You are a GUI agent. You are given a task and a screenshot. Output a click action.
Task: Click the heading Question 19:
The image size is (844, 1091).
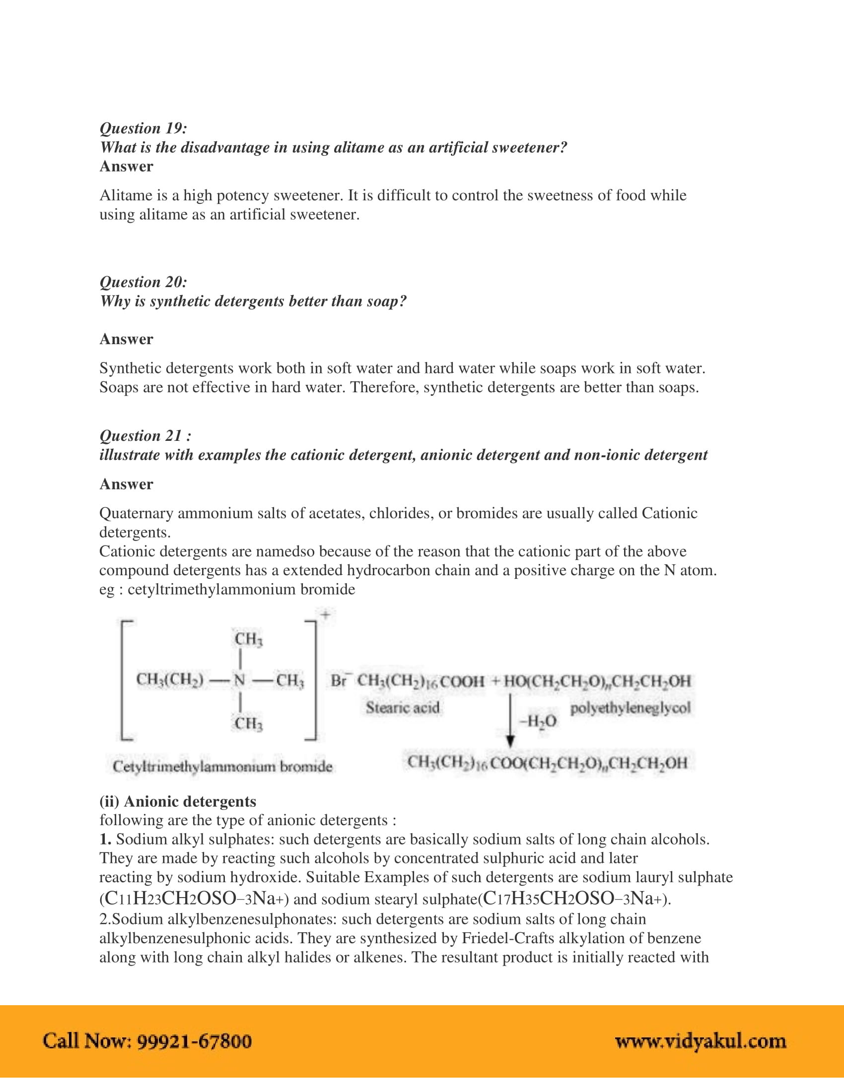(x=143, y=128)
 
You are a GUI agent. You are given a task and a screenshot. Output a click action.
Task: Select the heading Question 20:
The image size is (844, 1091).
(x=143, y=282)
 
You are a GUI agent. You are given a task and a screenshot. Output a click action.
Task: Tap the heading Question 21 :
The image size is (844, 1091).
(x=145, y=436)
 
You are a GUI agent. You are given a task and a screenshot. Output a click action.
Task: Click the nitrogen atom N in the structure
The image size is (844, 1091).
(x=240, y=680)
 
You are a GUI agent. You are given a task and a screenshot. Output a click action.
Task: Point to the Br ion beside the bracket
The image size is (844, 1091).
(x=341, y=681)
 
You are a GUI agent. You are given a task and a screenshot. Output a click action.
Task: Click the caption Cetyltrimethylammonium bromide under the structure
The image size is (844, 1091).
(x=222, y=766)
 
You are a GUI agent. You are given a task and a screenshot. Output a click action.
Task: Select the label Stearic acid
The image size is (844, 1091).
(x=403, y=708)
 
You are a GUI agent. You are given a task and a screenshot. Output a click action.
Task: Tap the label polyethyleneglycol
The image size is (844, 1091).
(x=630, y=708)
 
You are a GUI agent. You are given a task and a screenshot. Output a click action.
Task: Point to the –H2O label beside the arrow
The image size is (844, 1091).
(x=538, y=722)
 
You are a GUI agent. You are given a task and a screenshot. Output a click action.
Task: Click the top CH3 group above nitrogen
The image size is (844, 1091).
(x=249, y=639)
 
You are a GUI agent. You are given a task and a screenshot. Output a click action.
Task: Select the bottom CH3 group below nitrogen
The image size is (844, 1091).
(x=249, y=724)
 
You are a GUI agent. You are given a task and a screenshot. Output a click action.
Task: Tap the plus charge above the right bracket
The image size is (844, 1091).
(x=325, y=615)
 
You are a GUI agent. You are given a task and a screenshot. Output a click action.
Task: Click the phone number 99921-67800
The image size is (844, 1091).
(x=195, y=1041)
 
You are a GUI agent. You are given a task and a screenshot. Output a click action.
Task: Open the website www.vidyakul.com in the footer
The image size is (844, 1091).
(x=701, y=1041)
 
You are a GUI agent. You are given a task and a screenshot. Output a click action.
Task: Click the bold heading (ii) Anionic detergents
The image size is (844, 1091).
(x=178, y=801)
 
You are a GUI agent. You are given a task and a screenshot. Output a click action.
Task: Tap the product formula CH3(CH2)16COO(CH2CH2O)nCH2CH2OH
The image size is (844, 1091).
(x=548, y=763)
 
